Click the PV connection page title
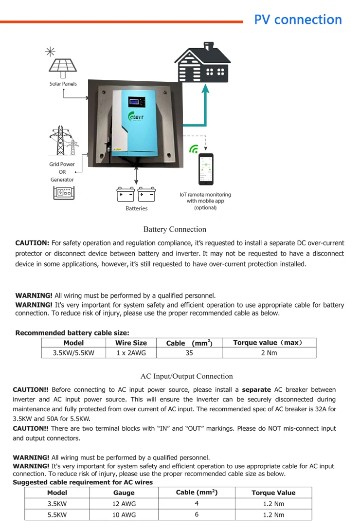(x=298, y=20)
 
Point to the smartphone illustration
(x=206, y=168)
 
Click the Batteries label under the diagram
(x=136, y=208)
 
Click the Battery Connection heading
(x=175, y=229)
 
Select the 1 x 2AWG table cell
(x=131, y=353)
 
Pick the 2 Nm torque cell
(x=269, y=353)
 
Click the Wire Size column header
(x=131, y=343)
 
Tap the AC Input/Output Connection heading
(x=186, y=376)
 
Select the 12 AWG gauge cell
(x=124, y=504)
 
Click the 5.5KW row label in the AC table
(x=57, y=514)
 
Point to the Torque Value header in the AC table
(x=273, y=493)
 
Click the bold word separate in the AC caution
(x=256, y=390)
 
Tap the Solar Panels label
(x=63, y=84)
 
